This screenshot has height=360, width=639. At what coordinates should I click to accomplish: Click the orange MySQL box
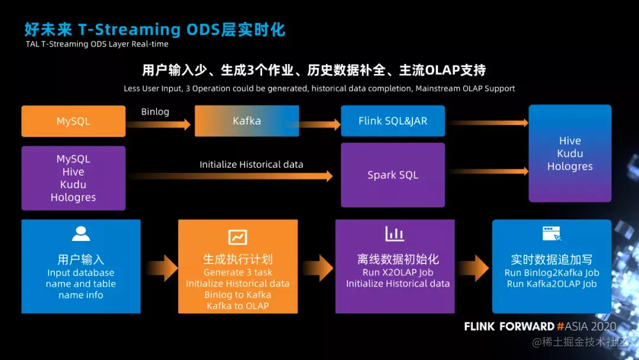click(x=73, y=121)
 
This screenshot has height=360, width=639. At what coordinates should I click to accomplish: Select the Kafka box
click(x=247, y=121)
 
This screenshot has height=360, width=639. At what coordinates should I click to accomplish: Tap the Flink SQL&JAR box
click(x=393, y=121)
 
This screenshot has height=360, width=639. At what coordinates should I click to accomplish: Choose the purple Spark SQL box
click(x=393, y=175)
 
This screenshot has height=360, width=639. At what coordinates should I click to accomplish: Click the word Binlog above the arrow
click(x=155, y=112)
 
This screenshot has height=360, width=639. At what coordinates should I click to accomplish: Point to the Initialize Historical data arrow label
click(x=251, y=165)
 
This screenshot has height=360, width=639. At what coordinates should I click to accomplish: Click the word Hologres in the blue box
click(x=570, y=166)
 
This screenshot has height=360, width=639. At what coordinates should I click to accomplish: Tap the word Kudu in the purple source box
click(x=73, y=185)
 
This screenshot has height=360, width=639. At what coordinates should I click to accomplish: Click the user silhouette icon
click(x=81, y=234)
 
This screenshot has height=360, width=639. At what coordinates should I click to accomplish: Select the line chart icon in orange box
click(x=238, y=237)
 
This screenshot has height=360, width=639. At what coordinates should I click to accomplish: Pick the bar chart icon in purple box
click(x=395, y=234)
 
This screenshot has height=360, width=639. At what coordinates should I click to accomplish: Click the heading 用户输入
click(x=81, y=259)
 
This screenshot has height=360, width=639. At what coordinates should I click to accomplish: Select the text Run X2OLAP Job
click(x=398, y=272)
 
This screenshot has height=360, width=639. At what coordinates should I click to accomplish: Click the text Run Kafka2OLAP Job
click(x=551, y=284)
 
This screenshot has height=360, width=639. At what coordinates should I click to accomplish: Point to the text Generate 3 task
click(x=238, y=272)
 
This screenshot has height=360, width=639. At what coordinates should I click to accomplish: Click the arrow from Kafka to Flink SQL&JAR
click(x=320, y=124)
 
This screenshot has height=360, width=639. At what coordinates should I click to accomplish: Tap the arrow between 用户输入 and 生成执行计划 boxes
click(x=159, y=268)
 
